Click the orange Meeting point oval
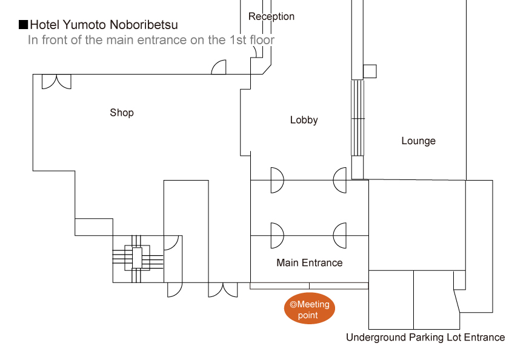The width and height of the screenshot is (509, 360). (x=309, y=309)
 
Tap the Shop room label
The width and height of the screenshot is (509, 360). (x=122, y=113)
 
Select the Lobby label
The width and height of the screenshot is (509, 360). (x=304, y=120)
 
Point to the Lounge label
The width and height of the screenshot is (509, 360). (x=418, y=141)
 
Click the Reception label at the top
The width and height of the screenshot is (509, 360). (x=271, y=16)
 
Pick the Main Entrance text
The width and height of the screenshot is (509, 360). (x=309, y=263)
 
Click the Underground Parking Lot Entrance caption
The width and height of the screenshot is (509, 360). (x=425, y=338)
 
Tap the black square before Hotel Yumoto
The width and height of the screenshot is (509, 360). (x=24, y=25)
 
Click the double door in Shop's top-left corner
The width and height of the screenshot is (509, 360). (x=56, y=81)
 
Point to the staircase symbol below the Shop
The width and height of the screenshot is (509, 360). (x=137, y=258)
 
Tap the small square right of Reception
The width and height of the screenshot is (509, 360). (x=370, y=72)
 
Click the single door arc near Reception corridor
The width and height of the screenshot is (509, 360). (x=219, y=67)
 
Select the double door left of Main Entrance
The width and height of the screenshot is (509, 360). (x=222, y=290)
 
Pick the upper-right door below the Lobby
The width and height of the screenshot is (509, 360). (x=341, y=180)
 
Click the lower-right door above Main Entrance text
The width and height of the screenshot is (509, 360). (x=341, y=235)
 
